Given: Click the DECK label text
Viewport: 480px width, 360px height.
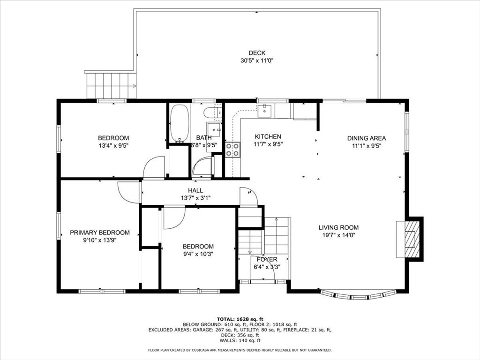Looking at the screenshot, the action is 257,53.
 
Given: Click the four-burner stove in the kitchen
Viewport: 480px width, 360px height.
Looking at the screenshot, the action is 232,150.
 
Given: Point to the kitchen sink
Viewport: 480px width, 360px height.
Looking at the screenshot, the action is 263,111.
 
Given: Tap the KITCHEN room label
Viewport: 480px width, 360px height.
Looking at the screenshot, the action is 268,136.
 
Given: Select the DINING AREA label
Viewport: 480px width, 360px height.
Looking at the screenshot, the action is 367,138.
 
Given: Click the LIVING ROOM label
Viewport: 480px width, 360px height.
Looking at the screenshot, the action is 338,227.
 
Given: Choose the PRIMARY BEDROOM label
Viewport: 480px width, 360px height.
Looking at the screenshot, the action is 100,232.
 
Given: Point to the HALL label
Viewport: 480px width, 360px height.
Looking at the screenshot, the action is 195,190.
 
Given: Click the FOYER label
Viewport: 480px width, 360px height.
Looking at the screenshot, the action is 267,259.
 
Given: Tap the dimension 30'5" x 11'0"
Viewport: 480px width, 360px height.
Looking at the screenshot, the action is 257,60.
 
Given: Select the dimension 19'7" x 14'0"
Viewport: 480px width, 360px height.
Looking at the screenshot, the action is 338,235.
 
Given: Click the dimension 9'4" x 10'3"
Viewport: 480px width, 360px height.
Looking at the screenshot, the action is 198,254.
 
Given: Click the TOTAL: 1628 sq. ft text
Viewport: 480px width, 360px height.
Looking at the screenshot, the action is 240,319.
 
